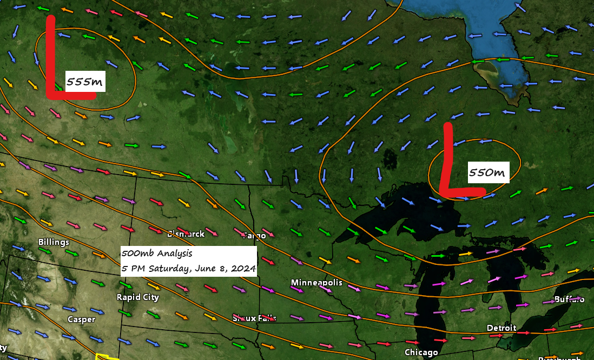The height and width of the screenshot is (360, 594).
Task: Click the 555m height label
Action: pyautogui.click(x=85, y=82)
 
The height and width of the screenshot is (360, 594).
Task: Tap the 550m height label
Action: pyautogui.click(x=487, y=173)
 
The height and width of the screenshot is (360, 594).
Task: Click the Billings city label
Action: pyautogui.click(x=54, y=242)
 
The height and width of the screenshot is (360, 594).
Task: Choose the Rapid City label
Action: pyautogui.click(x=138, y=297)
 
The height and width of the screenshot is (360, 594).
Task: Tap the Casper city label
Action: pyautogui.click(x=81, y=319)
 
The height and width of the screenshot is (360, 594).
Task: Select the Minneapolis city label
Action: pyautogui.click(x=316, y=283)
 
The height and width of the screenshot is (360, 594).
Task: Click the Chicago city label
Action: pyautogui.click(x=421, y=353)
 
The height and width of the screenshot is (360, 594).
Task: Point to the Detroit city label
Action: pyautogui.click(x=501, y=328)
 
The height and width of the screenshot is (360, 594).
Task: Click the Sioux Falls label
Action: pyautogui.click(x=254, y=318)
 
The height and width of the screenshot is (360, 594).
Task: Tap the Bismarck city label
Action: pyautogui.click(x=186, y=234)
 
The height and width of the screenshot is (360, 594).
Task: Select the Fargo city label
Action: pyautogui.click(x=254, y=236)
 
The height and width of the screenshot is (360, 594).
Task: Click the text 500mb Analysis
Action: pyautogui.click(x=157, y=253)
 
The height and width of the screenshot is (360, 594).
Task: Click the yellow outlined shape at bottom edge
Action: pyautogui.click(x=107, y=357)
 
